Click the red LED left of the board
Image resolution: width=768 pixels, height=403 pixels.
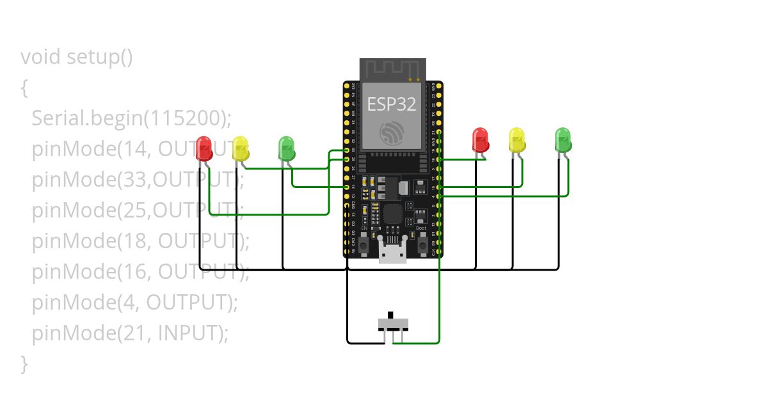(x=204, y=148)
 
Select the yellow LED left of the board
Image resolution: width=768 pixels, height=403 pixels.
(x=241, y=148)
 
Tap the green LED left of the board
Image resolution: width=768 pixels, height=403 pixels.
(x=287, y=148)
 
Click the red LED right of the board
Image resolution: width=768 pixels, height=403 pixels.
(x=480, y=140)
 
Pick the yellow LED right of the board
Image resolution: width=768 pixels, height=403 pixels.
(x=516, y=140)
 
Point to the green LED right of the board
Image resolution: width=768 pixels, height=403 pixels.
(x=563, y=140)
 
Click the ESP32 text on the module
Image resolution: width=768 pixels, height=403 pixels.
(x=392, y=104)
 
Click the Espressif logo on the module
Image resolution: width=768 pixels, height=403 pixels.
(x=392, y=133)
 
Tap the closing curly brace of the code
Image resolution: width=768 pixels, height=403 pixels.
(x=24, y=363)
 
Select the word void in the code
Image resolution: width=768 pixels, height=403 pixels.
(x=41, y=58)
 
